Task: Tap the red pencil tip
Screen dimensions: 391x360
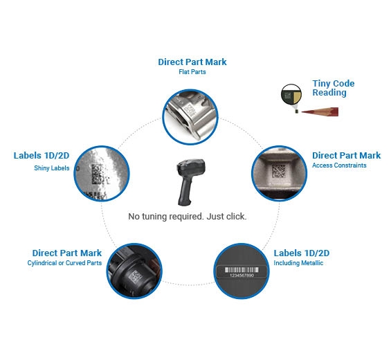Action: click(302, 111)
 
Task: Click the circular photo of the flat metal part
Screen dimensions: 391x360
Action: click(190, 117)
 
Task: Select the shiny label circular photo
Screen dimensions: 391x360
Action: click(102, 173)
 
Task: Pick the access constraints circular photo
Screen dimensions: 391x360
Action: click(280, 173)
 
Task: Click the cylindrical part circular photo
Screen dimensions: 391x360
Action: click(134, 271)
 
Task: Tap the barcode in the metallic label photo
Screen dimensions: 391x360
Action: click(242, 270)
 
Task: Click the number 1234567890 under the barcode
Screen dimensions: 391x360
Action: click(242, 276)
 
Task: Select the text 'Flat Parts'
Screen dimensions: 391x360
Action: click(192, 72)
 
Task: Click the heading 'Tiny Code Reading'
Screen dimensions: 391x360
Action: click(334, 88)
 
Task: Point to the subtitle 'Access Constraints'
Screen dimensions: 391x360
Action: click(339, 165)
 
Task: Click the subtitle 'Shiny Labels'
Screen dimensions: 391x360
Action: click(52, 168)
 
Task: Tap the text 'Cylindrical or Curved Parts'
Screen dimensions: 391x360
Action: click(64, 263)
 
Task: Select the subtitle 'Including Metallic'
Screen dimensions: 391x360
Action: click(298, 263)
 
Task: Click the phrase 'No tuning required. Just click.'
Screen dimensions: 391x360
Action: click(188, 216)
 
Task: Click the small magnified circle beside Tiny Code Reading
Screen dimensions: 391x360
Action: click(291, 95)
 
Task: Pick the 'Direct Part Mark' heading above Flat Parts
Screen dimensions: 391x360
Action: click(192, 62)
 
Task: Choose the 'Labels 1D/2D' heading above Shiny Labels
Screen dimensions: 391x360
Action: click(42, 156)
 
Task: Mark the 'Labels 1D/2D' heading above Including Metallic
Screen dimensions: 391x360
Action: click(302, 253)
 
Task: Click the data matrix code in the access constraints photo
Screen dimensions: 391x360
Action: click(278, 171)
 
